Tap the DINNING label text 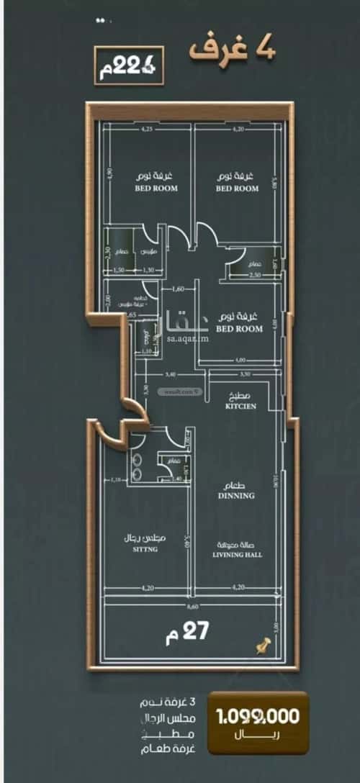click(237, 496)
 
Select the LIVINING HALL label click(237, 555)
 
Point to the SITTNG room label click(144, 549)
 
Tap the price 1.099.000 click(258, 717)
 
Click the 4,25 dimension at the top click(147, 130)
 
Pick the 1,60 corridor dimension click(179, 289)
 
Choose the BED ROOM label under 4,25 click(156, 189)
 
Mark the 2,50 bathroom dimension click(254, 275)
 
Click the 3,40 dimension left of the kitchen click(170, 374)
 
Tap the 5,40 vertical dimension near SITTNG click(186, 537)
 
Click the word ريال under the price click(258, 736)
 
